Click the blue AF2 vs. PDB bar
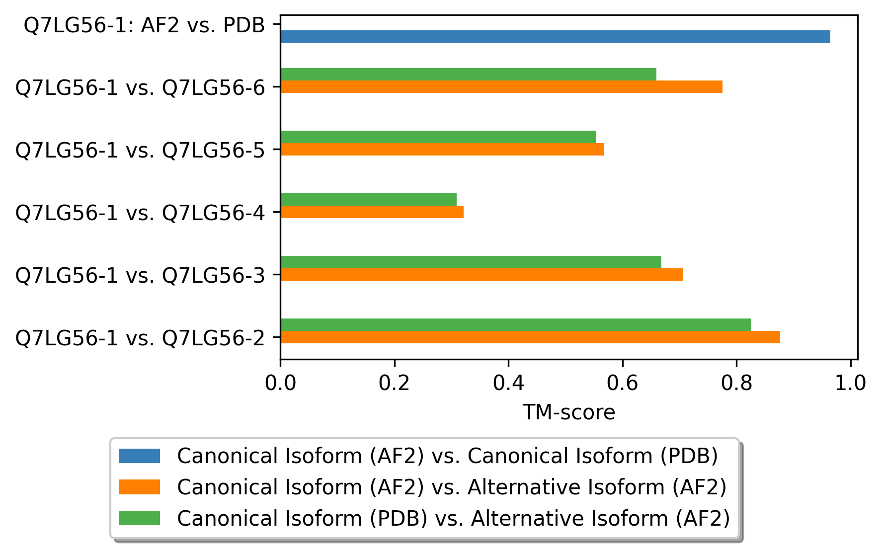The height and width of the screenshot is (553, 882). coord(555,36)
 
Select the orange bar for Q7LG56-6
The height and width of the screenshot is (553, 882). coord(501,86)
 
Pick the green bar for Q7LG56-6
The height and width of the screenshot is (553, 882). coord(469,74)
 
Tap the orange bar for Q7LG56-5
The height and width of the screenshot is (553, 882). coord(442,149)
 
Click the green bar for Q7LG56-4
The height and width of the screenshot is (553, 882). coord(369,199)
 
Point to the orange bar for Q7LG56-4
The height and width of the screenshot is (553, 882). coord(372,212)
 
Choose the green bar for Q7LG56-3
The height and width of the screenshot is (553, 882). coord(471,262)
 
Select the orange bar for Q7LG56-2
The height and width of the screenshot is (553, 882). coord(530,337)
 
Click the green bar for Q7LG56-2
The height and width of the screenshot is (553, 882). coord(516,324)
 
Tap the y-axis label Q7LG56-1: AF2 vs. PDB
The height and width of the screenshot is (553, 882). coord(145,25)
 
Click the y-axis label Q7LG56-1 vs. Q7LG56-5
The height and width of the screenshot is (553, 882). coord(141,150)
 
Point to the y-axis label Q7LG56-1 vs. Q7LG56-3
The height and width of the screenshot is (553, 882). coord(141,275)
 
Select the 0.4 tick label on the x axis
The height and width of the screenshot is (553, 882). coord(508,383)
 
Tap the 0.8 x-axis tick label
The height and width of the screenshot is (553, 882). coord(736,383)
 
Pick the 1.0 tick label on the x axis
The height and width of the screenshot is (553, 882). coord(851,383)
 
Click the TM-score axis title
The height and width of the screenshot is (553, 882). coord(569,412)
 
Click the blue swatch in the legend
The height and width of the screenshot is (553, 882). coord(139,456)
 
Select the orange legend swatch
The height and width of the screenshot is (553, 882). coord(139,487)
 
